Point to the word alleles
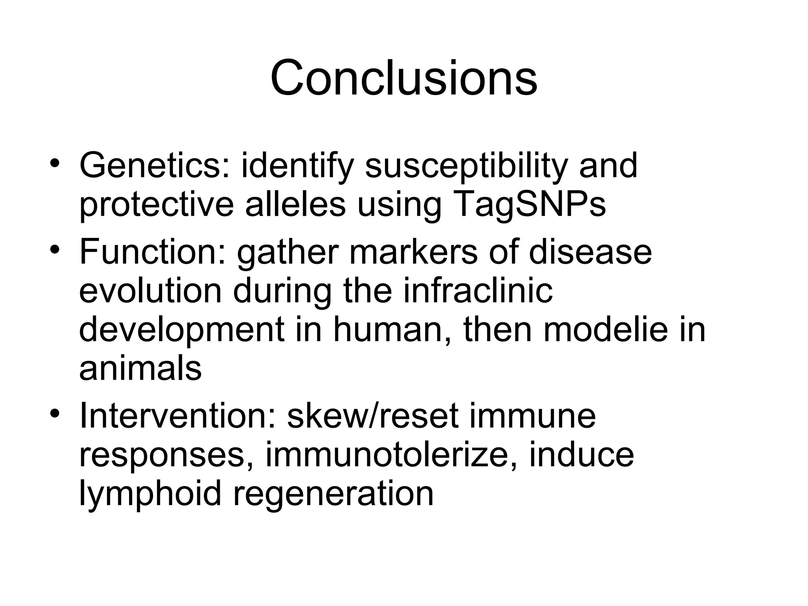coord(296,205)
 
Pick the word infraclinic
coord(478,291)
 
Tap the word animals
coord(140,368)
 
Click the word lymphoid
coord(150,494)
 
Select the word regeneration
coord(333,494)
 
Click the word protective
coord(157,205)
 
